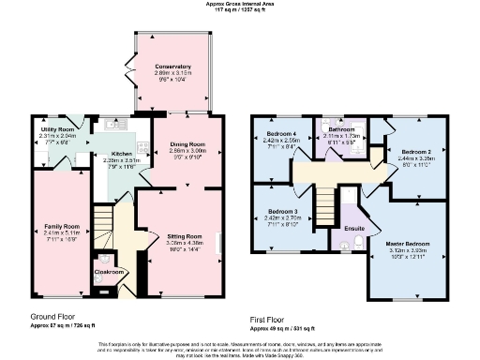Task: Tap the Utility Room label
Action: pos(55,129)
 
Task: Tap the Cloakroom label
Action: pos(110,272)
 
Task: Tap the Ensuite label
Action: pos(354,228)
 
